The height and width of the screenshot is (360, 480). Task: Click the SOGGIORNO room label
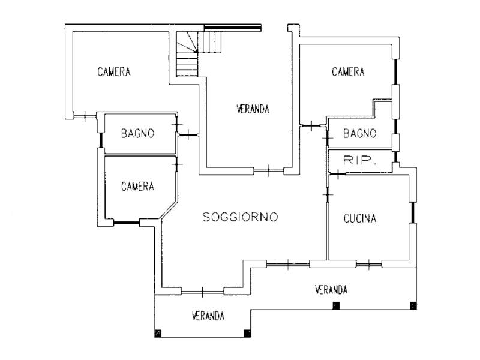click(x=240, y=217)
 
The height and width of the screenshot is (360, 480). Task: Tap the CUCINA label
click(x=361, y=219)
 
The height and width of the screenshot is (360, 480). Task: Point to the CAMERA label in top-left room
click(x=114, y=72)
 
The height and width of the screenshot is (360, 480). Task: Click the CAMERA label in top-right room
click(x=348, y=72)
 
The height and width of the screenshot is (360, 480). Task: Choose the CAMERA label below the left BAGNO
click(x=137, y=187)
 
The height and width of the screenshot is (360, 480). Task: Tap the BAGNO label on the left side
click(x=137, y=133)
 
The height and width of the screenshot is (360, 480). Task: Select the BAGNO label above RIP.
click(x=360, y=133)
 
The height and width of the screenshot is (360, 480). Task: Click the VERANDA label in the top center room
click(x=253, y=109)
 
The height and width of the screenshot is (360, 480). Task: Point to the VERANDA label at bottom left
click(x=208, y=316)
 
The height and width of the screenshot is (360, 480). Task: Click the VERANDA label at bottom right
click(x=331, y=290)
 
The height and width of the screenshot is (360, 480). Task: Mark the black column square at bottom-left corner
click(x=158, y=334)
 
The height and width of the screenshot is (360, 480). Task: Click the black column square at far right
click(x=413, y=306)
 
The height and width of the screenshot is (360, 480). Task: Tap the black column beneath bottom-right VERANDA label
click(x=336, y=306)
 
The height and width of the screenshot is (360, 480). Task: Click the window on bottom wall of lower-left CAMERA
click(x=126, y=224)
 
